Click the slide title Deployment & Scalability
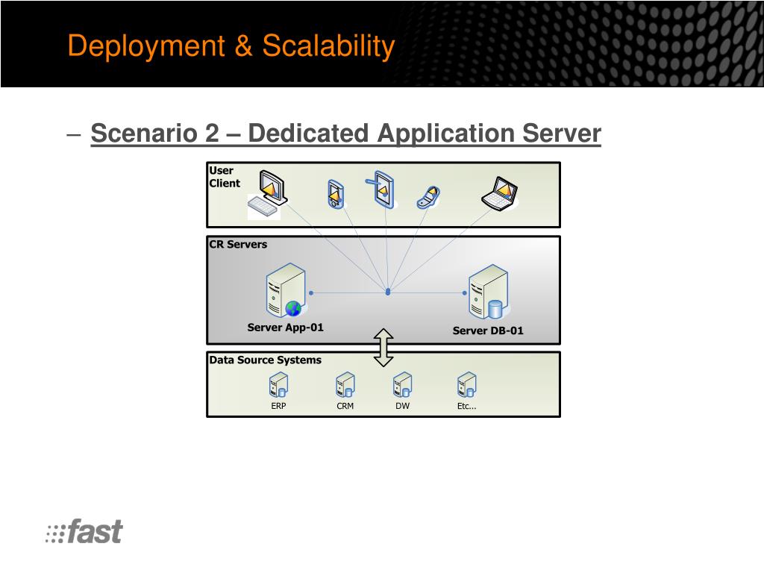(x=231, y=46)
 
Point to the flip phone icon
(x=429, y=196)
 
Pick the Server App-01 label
(x=286, y=328)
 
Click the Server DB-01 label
(x=488, y=331)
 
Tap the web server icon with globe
(x=286, y=291)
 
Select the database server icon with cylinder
(x=489, y=292)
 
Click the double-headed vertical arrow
(x=383, y=348)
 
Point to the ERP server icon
(x=278, y=385)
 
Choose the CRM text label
(x=345, y=407)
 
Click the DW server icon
(x=403, y=385)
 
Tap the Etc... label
(x=466, y=407)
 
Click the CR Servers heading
(x=238, y=244)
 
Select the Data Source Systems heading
(x=265, y=360)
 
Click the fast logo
(x=84, y=532)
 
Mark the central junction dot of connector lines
(x=388, y=292)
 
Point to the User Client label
(x=224, y=177)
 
